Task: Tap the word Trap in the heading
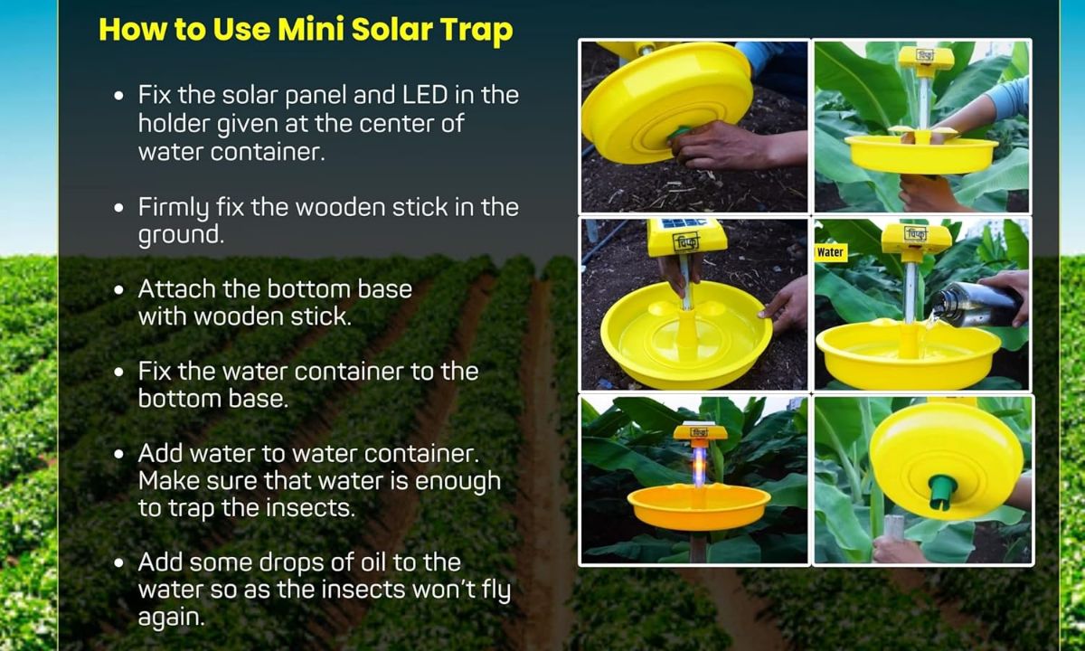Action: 476,29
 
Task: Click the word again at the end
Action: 171,618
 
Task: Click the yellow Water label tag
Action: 830,253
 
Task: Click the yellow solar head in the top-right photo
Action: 926,60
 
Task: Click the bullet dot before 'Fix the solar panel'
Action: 119,96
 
